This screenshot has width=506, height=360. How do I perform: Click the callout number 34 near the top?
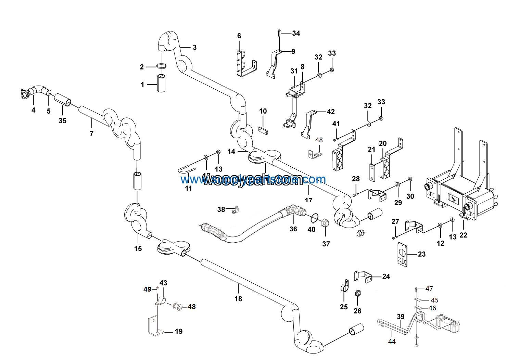click(x=296, y=33)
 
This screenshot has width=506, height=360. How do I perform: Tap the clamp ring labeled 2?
click(x=162, y=66)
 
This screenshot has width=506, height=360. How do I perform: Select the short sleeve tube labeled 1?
click(x=162, y=83)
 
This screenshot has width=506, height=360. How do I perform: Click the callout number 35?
click(x=62, y=120)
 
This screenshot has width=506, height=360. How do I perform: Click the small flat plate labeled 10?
click(x=263, y=130)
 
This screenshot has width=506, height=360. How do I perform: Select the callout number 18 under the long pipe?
click(x=238, y=299)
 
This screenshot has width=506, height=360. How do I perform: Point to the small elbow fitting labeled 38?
click(x=236, y=209)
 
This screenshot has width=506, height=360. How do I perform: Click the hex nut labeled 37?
click(x=325, y=223)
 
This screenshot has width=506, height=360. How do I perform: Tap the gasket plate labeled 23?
click(x=402, y=255)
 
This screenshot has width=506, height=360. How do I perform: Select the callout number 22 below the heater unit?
click(x=463, y=235)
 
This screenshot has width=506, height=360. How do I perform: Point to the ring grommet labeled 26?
click(x=357, y=294)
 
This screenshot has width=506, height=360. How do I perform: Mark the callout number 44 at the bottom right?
click(x=392, y=341)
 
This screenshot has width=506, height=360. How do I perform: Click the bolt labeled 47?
click(x=416, y=290)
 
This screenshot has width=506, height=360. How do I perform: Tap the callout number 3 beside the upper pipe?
click(x=194, y=47)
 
